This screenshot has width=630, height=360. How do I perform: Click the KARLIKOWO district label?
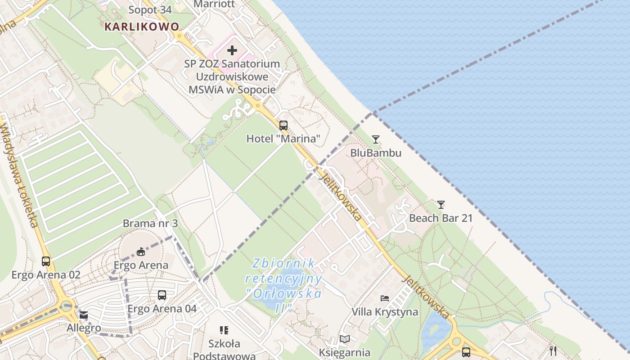[x=142, y=27]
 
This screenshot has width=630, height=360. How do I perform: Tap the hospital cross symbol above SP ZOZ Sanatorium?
[x=232, y=50]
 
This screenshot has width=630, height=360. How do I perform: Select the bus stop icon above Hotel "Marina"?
[x=283, y=126]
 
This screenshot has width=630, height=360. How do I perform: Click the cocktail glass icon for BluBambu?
[x=376, y=139]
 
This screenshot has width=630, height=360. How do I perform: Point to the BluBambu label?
[x=376, y=153]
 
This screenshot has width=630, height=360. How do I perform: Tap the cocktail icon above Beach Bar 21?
[x=441, y=205]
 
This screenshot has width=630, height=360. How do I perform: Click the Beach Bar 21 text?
[x=441, y=218]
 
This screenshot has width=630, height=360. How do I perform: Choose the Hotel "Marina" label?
[x=283, y=139]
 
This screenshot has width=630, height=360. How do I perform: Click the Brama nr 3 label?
[x=150, y=224]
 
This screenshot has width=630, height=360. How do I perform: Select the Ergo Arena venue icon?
[x=141, y=251]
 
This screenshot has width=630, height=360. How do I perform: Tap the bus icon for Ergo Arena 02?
[x=46, y=261]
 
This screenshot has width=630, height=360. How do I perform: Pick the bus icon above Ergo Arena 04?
[x=162, y=295]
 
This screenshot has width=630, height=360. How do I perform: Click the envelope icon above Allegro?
[x=84, y=315]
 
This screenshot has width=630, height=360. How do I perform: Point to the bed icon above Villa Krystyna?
[x=385, y=298]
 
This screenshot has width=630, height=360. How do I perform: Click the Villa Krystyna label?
[x=385, y=312]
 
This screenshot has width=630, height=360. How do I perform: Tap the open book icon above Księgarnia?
[x=345, y=339]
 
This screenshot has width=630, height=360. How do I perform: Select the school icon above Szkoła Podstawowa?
[x=224, y=330]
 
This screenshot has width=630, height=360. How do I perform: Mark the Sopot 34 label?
[x=150, y=10]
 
